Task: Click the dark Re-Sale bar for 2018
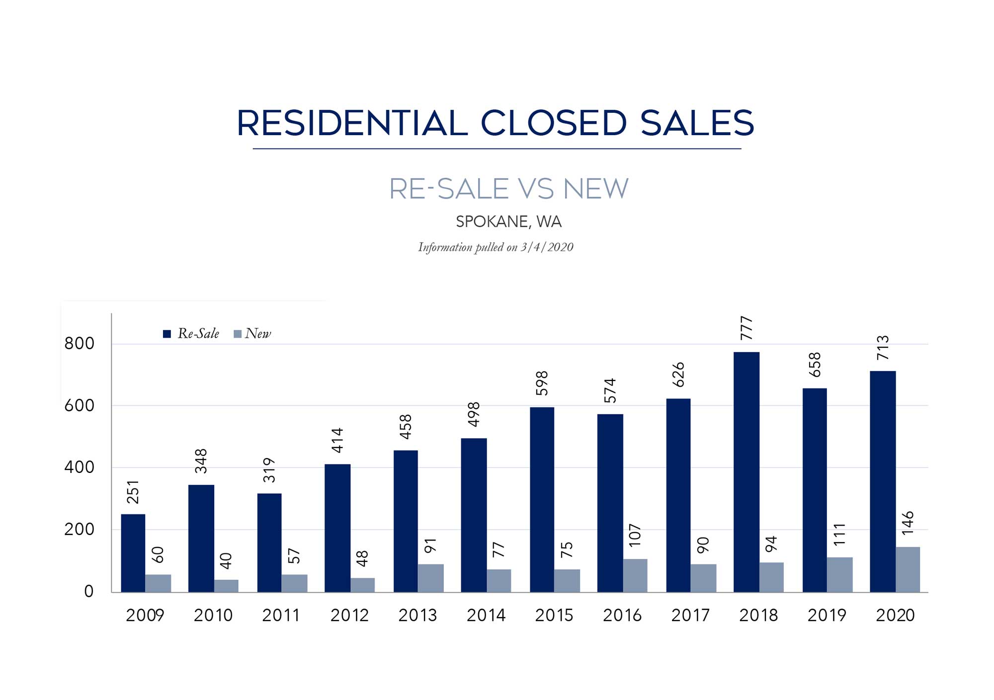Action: pos(746,472)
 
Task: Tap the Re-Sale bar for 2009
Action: pos(133,553)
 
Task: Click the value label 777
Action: pos(746,328)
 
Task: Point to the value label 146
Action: pos(908,523)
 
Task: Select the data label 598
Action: pos(542,383)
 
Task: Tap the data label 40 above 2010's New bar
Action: pos(226,561)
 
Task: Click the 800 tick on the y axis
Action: pos(79,343)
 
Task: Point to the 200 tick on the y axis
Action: pos(79,529)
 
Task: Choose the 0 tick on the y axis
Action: pos(88,591)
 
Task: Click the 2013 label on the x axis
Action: pos(417,616)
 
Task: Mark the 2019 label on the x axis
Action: pos(827,616)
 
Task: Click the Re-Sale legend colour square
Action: pos(167,334)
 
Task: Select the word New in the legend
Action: pos(258,333)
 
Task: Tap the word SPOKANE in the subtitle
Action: pos(492,222)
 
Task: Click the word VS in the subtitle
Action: pos(535,189)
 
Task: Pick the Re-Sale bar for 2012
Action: pos(337,528)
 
